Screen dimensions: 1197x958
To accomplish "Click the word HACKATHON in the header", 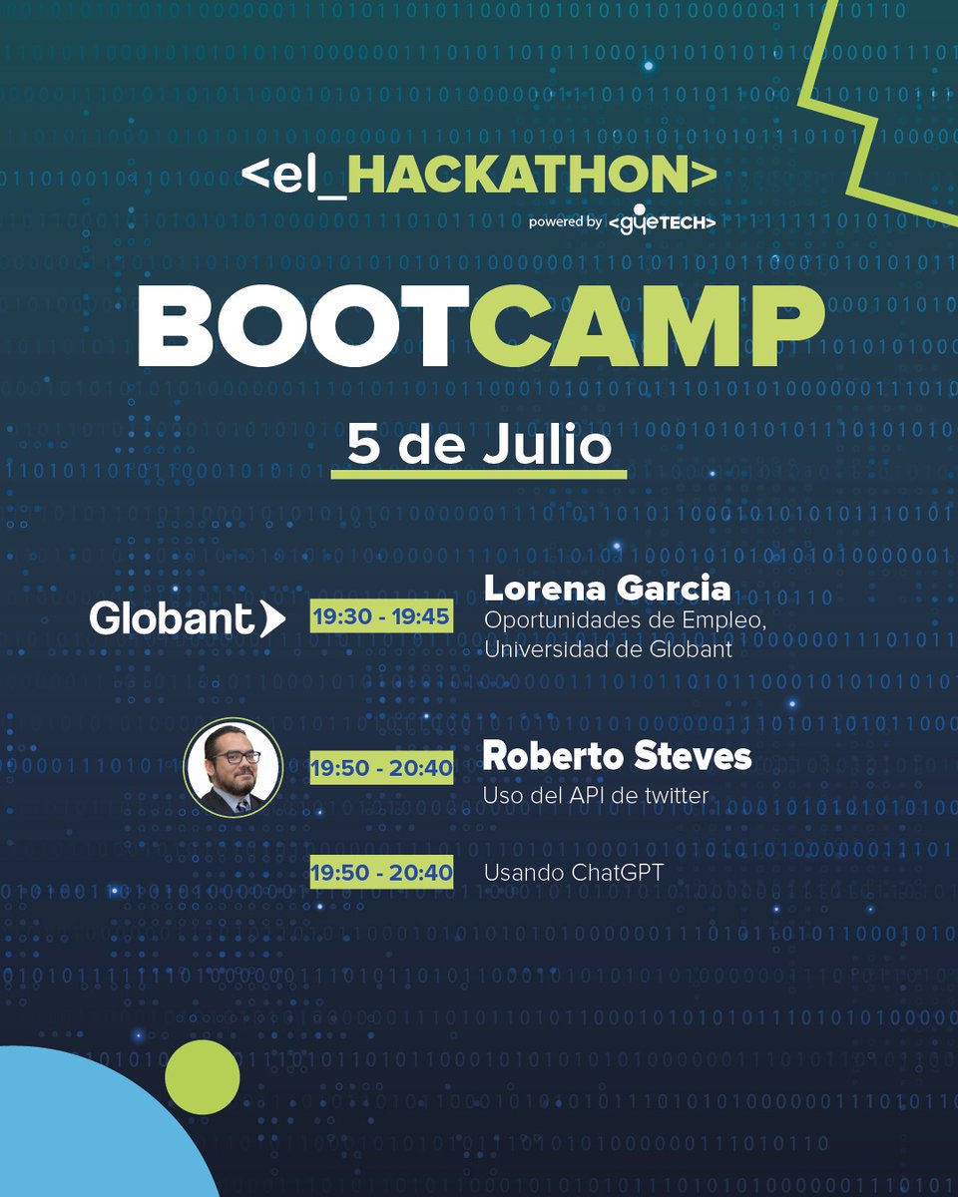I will tap(519, 176).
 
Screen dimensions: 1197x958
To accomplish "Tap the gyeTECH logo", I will tap(661, 221).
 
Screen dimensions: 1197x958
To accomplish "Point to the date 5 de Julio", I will tap(479, 445).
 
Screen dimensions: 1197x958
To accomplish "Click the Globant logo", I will tap(187, 618).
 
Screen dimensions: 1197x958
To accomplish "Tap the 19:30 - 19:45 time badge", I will tap(380, 616).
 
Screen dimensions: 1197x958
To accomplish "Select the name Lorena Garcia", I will tap(607, 589).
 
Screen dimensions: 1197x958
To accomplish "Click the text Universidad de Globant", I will tap(608, 650).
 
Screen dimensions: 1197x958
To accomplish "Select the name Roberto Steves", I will tap(617, 756).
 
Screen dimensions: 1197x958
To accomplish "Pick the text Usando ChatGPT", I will tap(573, 873).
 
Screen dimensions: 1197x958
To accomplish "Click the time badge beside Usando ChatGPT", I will tap(380, 873).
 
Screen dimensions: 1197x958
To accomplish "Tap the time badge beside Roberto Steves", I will tap(380, 768).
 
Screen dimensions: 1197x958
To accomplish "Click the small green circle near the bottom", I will tap(203, 1077).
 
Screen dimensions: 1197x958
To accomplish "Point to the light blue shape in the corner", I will tap(80, 1127).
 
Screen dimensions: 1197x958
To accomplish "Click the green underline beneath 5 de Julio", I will tap(479, 474).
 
